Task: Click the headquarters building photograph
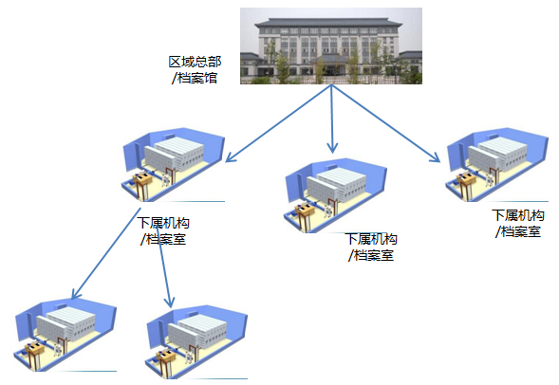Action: point(331,46)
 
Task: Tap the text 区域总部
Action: point(195,62)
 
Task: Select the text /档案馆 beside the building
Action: point(195,78)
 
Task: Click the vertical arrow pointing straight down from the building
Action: point(332,119)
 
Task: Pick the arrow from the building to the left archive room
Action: point(279,123)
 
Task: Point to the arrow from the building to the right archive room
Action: point(385,123)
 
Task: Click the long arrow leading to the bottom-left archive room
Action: point(106,253)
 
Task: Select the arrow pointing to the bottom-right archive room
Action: point(164,266)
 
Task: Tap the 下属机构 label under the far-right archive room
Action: point(518,215)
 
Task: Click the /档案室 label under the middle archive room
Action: point(371,255)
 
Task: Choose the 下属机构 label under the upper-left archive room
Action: point(163,223)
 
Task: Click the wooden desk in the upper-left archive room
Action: point(142,183)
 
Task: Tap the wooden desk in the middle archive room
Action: point(305,214)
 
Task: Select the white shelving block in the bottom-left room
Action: point(65,326)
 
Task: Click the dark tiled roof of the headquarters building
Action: point(328,24)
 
